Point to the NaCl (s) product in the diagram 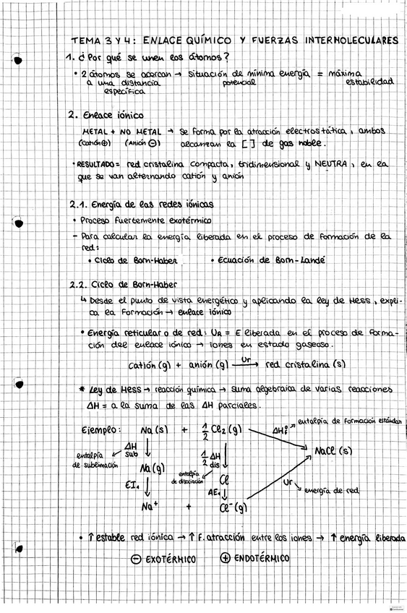click(x=333, y=451)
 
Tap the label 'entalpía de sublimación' click(x=96, y=460)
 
